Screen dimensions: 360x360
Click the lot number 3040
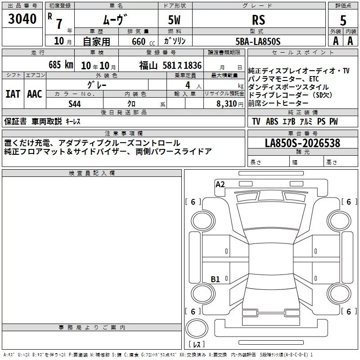coord(22,19)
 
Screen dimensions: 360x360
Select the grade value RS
coord(258,20)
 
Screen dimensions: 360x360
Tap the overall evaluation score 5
coord(343,20)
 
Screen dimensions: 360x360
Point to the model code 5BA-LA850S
coord(258,41)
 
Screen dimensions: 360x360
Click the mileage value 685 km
coord(60,65)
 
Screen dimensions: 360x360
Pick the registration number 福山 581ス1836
coord(170,65)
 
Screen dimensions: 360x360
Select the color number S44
coord(75,103)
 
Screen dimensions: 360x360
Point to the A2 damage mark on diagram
coord(220,184)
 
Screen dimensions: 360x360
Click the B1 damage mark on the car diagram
coord(215,279)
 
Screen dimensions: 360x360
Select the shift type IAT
coord(13,94)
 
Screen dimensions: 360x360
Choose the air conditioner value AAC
coord(34,94)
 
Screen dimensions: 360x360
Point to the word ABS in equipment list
coord(272,121)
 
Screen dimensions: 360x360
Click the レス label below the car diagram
coord(197,344)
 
